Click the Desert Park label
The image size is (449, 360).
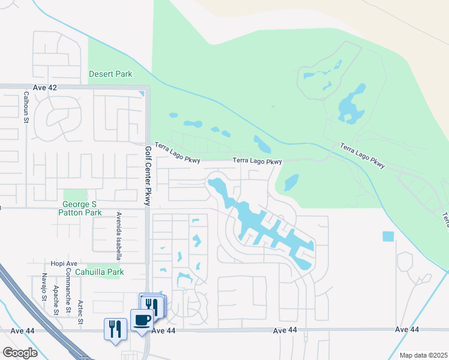tap(110, 74)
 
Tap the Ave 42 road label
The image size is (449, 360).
tap(44, 88)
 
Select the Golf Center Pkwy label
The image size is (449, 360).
tap(148, 175)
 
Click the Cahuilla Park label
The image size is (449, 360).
tap(106, 272)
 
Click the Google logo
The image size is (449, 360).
tap(20, 352)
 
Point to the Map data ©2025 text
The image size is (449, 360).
tap(423, 355)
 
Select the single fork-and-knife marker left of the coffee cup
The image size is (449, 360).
tap(115, 329)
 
